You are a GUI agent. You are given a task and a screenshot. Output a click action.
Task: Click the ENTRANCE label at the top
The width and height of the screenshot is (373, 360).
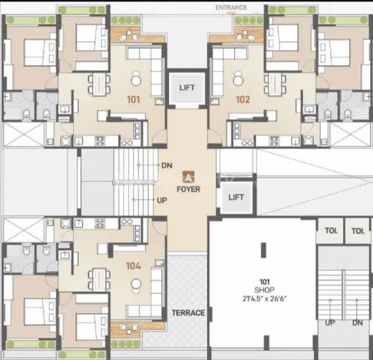pyautogui.click(x=231, y=8)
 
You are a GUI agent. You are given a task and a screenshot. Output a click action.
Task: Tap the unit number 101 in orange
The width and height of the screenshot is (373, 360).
pyautogui.click(x=133, y=99)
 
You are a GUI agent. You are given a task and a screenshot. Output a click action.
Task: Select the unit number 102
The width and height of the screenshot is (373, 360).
pyautogui.click(x=243, y=99)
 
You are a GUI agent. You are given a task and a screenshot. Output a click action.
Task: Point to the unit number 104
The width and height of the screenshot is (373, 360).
pyautogui.click(x=133, y=266)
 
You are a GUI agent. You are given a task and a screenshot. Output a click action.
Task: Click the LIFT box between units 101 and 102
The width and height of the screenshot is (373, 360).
pyautogui.click(x=187, y=88)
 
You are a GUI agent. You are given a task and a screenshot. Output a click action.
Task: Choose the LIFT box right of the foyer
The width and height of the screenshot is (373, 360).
pyautogui.click(x=236, y=198)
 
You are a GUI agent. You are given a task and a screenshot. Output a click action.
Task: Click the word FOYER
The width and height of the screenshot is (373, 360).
pyautogui.click(x=189, y=189)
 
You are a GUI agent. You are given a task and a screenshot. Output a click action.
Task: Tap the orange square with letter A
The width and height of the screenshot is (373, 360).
pyautogui.click(x=188, y=177)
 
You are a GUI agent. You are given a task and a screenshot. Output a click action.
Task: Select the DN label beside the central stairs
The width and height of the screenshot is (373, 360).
pyautogui.click(x=167, y=165)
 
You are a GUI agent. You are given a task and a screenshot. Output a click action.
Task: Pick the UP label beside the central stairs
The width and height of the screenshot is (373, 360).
pyautogui.click(x=162, y=200)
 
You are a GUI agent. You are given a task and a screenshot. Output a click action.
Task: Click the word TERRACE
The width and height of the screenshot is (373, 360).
pyautogui.click(x=188, y=312)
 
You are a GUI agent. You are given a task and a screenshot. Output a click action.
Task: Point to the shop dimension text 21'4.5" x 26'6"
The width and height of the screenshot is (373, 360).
pyautogui.click(x=264, y=298)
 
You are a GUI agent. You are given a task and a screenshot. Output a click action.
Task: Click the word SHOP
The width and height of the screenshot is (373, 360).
pyautogui.click(x=264, y=290)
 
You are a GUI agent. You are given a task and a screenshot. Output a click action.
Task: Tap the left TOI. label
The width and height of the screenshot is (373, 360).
pyautogui.click(x=331, y=230)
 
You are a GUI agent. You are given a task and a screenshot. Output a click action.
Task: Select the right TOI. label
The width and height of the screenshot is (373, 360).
pyautogui.click(x=358, y=230)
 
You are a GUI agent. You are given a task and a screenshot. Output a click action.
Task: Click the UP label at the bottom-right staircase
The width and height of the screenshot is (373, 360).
pyautogui.click(x=330, y=323)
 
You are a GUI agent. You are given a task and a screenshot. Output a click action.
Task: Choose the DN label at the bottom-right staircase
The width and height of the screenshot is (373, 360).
pyautogui.click(x=358, y=323)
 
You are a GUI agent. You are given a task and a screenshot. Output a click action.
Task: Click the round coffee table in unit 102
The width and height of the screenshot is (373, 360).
pyautogui.click(x=238, y=81)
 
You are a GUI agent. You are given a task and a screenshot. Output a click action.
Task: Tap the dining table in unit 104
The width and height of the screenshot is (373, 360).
pyautogui.click(x=99, y=278)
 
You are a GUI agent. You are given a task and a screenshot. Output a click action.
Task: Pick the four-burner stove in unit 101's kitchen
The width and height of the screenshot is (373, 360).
pyautogui.click(x=100, y=141)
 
